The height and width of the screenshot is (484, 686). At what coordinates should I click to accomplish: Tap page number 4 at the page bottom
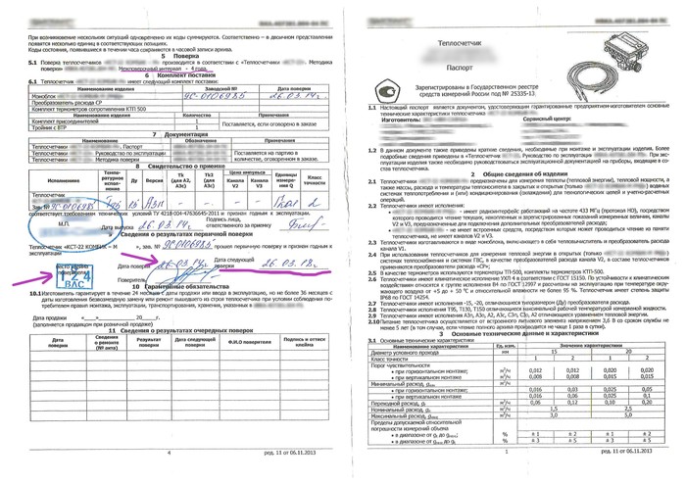[171, 452]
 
